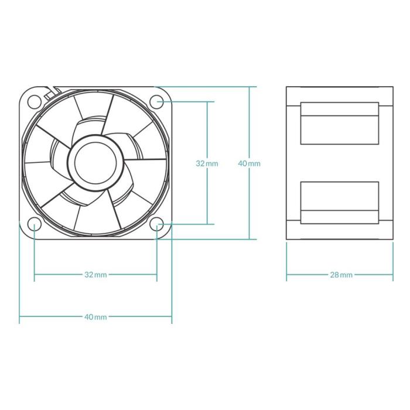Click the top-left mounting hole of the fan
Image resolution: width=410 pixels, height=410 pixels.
tap(35, 101)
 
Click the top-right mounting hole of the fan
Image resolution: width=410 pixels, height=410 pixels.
tap(157, 101)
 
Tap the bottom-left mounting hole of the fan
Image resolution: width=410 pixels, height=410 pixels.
tap(35, 224)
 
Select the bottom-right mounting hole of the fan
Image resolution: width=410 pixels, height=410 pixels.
tap(157, 224)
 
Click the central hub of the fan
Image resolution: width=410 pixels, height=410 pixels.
tap(96, 162)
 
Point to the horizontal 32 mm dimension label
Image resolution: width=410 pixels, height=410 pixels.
tap(95, 274)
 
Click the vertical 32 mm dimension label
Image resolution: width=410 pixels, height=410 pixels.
tap(207, 163)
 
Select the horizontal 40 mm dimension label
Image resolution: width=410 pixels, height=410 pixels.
tap(95, 317)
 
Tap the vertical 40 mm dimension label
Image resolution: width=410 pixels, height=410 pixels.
tap(249, 163)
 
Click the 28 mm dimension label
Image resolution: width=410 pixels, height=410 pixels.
tap(341, 274)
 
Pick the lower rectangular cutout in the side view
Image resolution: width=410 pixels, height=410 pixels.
tap(340, 202)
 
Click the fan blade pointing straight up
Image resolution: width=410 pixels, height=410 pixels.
tap(94, 111)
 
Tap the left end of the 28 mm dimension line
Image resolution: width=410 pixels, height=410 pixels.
tap(286, 274)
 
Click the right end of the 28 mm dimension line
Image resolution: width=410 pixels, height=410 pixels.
tap(392, 274)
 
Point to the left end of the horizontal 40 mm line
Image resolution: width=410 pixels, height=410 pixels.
tap(20, 317)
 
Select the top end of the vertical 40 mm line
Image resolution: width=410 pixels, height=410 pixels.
tap(249, 87)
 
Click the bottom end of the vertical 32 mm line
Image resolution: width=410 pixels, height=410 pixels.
tap(207, 224)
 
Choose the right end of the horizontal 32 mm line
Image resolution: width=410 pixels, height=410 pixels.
tap(157, 274)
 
